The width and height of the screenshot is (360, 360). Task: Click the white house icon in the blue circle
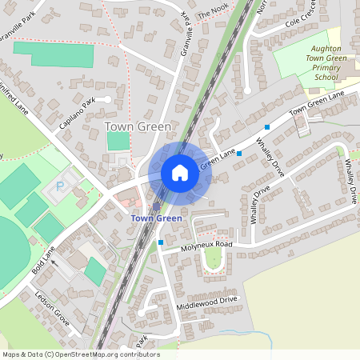180,173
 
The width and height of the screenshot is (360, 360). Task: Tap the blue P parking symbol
60,187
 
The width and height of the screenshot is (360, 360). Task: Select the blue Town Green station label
156,218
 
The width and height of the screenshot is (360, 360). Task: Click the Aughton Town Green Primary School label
309,63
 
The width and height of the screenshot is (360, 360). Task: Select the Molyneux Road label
205,244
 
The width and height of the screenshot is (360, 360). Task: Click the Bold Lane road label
45,261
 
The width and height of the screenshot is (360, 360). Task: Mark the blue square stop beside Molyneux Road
161,242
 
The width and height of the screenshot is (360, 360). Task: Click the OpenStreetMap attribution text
80,354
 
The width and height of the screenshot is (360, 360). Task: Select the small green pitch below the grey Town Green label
118,141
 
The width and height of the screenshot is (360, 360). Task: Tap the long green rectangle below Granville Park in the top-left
53,54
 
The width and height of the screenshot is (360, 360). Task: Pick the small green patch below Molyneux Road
213,258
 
